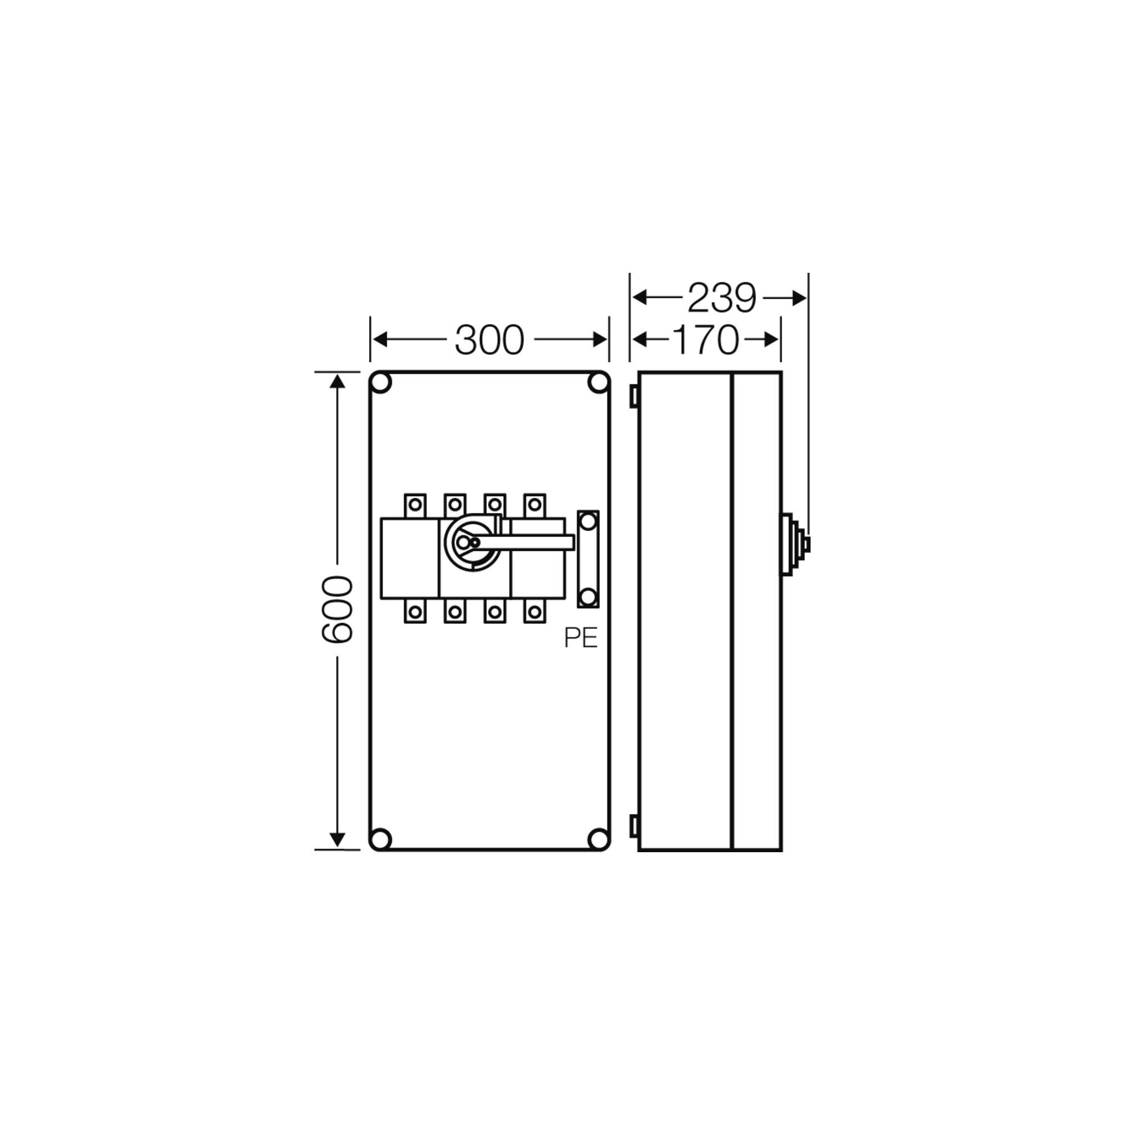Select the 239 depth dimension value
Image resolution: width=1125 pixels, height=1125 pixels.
[x=722, y=298]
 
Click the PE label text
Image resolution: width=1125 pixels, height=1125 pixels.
[x=580, y=639]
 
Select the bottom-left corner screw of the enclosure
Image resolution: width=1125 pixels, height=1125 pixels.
[x=381, y=839]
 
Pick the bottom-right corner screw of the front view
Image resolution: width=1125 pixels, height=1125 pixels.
[x=597, y=839]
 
